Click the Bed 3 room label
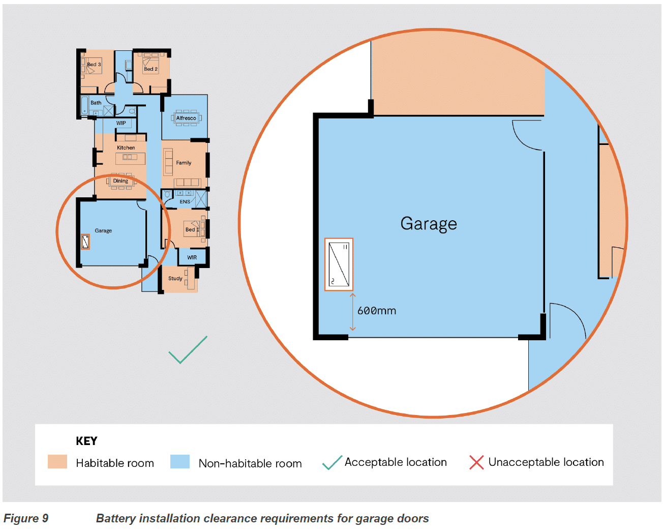[x=94, y=64]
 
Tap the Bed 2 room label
[x=150, y=69]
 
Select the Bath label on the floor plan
[x=96, y=103]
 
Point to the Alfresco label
[x=186, y=118]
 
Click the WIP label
[x=121, y=123]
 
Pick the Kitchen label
[x=126, y=147]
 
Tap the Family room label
[x=184, y=163]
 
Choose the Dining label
[x=120, y=181]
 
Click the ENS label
[x=185, y=201]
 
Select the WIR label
[x=192, y=257]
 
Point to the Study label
[x=175, y=278]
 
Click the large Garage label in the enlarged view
[x=429, y=224]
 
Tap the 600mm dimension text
[x=377, y=311]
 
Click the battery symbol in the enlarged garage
[x=339, y=264]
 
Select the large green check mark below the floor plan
[x=188, y=350]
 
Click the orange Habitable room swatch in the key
[x=57, y=462]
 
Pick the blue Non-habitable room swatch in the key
[x=180, y=462]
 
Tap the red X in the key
[x=476, y=462]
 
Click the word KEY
[x=86, y=441]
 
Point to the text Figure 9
[x=26, y=518]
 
